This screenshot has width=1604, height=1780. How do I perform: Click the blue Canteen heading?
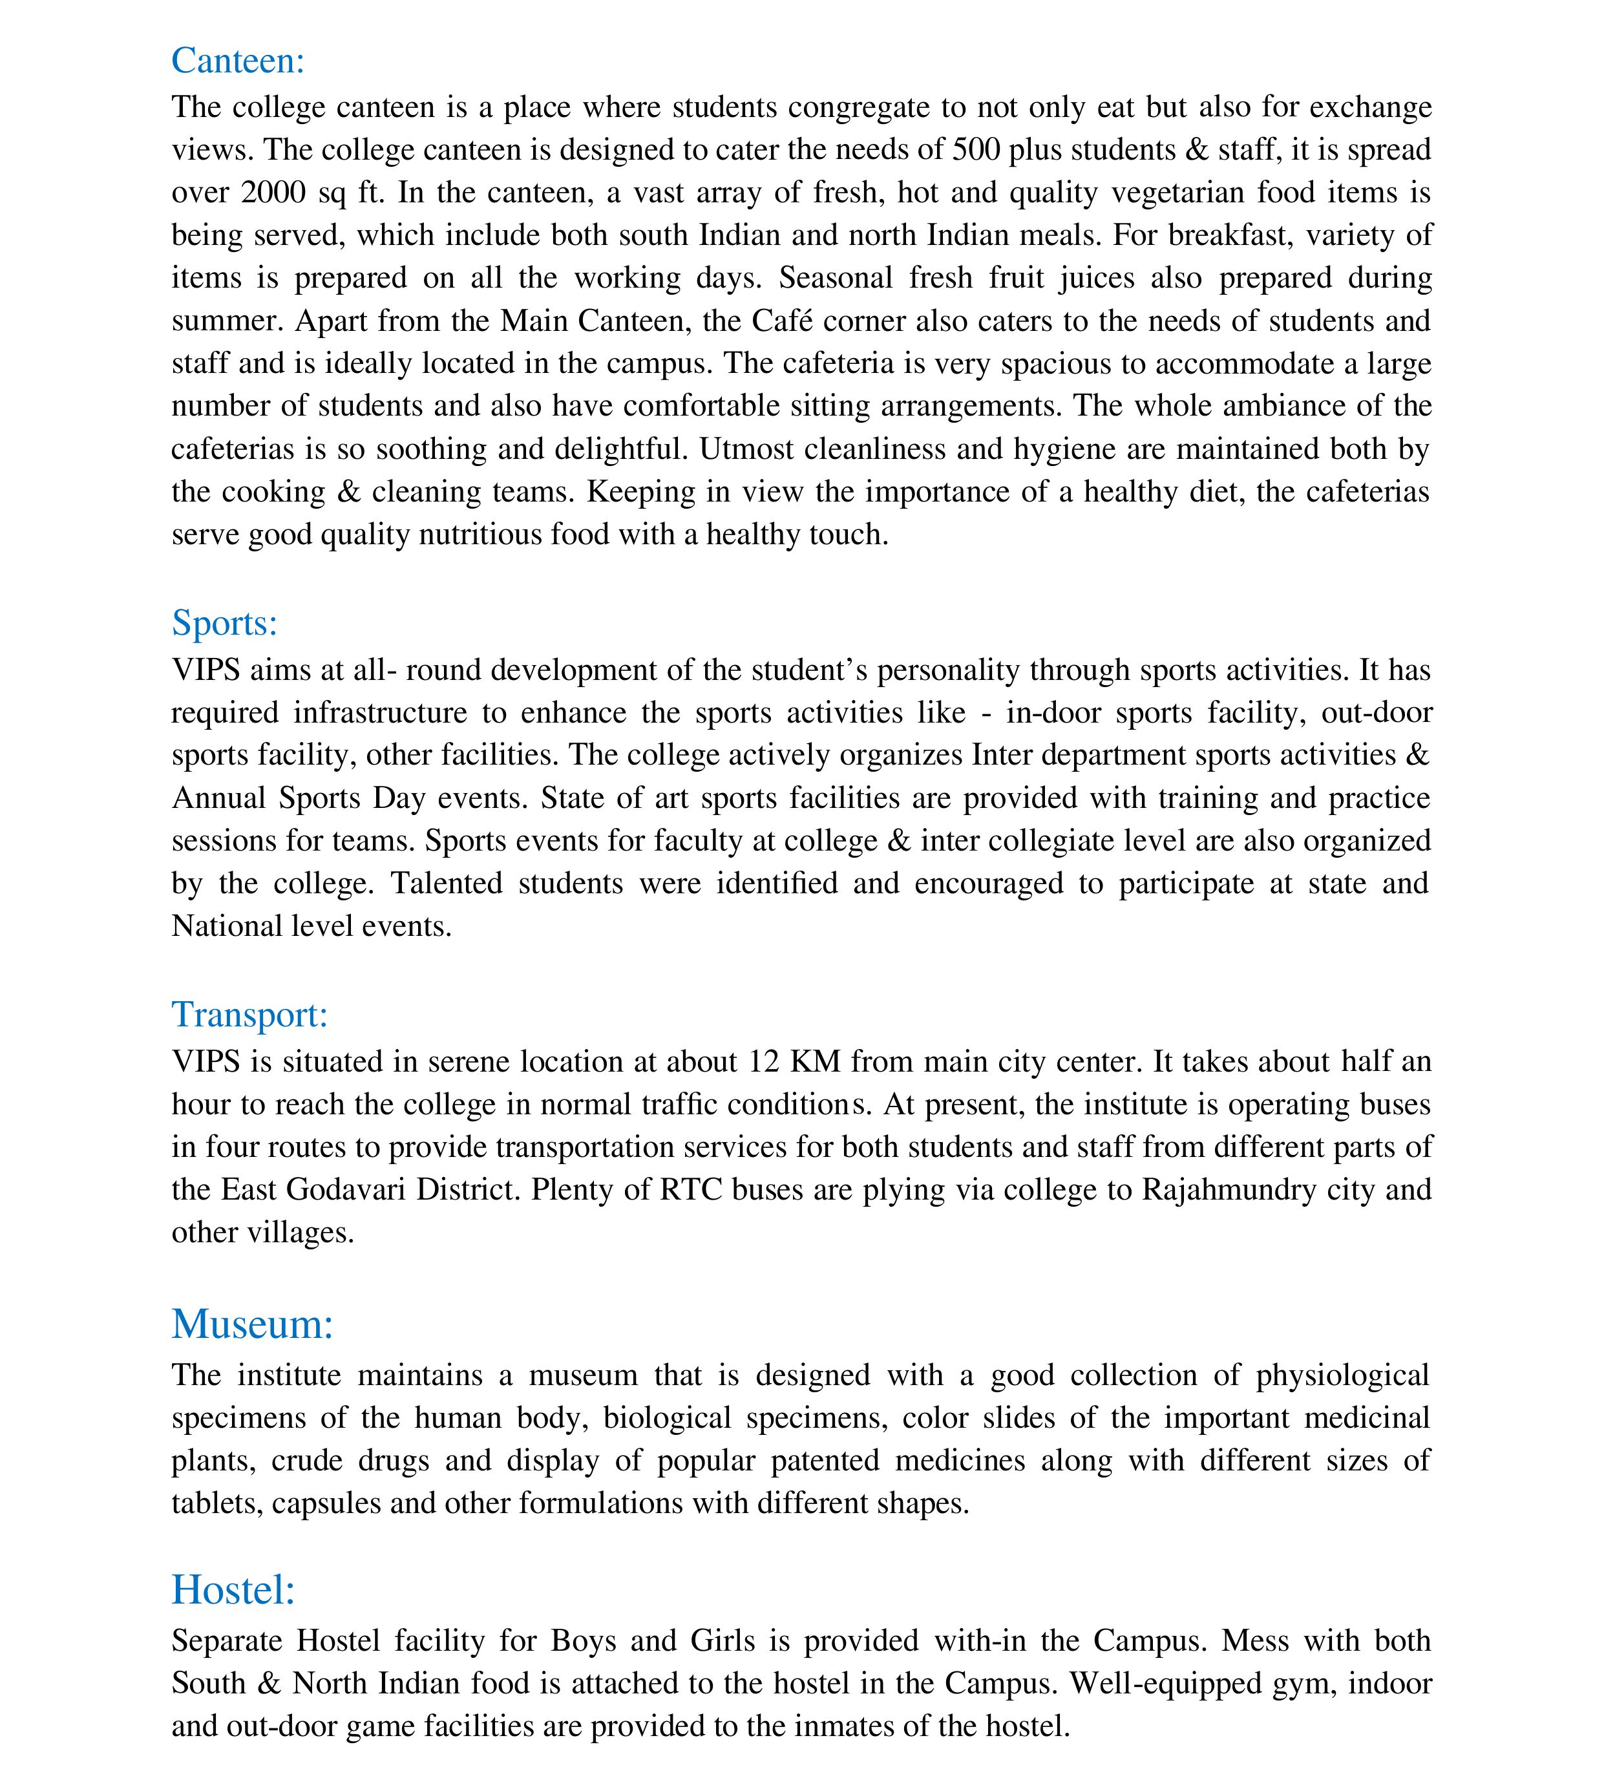click(x=238, y=61)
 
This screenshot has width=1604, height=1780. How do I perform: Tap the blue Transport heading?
click(x=249, y=1014)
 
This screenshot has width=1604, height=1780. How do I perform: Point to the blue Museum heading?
click(x=253, y=1324)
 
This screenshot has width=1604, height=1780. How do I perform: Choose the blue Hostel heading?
click(x=233, y=1590)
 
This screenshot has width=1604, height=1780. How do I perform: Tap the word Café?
click(x=775, y=321)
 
